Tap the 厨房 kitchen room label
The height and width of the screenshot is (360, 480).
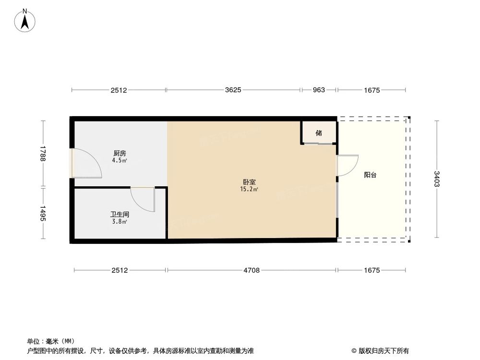pyautogui.click(x=119, y=153)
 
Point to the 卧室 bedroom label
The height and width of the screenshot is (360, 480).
pyautogui.click(x=249, y=182)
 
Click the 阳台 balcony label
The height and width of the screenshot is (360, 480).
pyautogui.click(x=370, y=175)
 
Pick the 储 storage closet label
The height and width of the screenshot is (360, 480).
pyautogui.click(x=319, y=133)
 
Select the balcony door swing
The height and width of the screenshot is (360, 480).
pyautogui.click(x=348, y=166)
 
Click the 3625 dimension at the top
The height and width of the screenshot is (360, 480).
pyautogui.click(x=233, y=90)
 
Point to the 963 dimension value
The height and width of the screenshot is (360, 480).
pyautogui.click(x=319, y=90)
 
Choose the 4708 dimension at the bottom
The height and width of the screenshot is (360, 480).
pyautogui.click(x=252, y=270)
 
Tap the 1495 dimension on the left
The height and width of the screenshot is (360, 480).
pyautogui.click(x=43, y=214)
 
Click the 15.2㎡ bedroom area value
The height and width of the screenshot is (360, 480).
pyautogui.click(x=249, y=189)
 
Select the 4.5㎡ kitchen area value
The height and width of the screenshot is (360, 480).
pyautogui.click(x=119, y=160)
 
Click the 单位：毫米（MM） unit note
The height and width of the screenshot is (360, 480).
pyautogui.click(x=50, y=341)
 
